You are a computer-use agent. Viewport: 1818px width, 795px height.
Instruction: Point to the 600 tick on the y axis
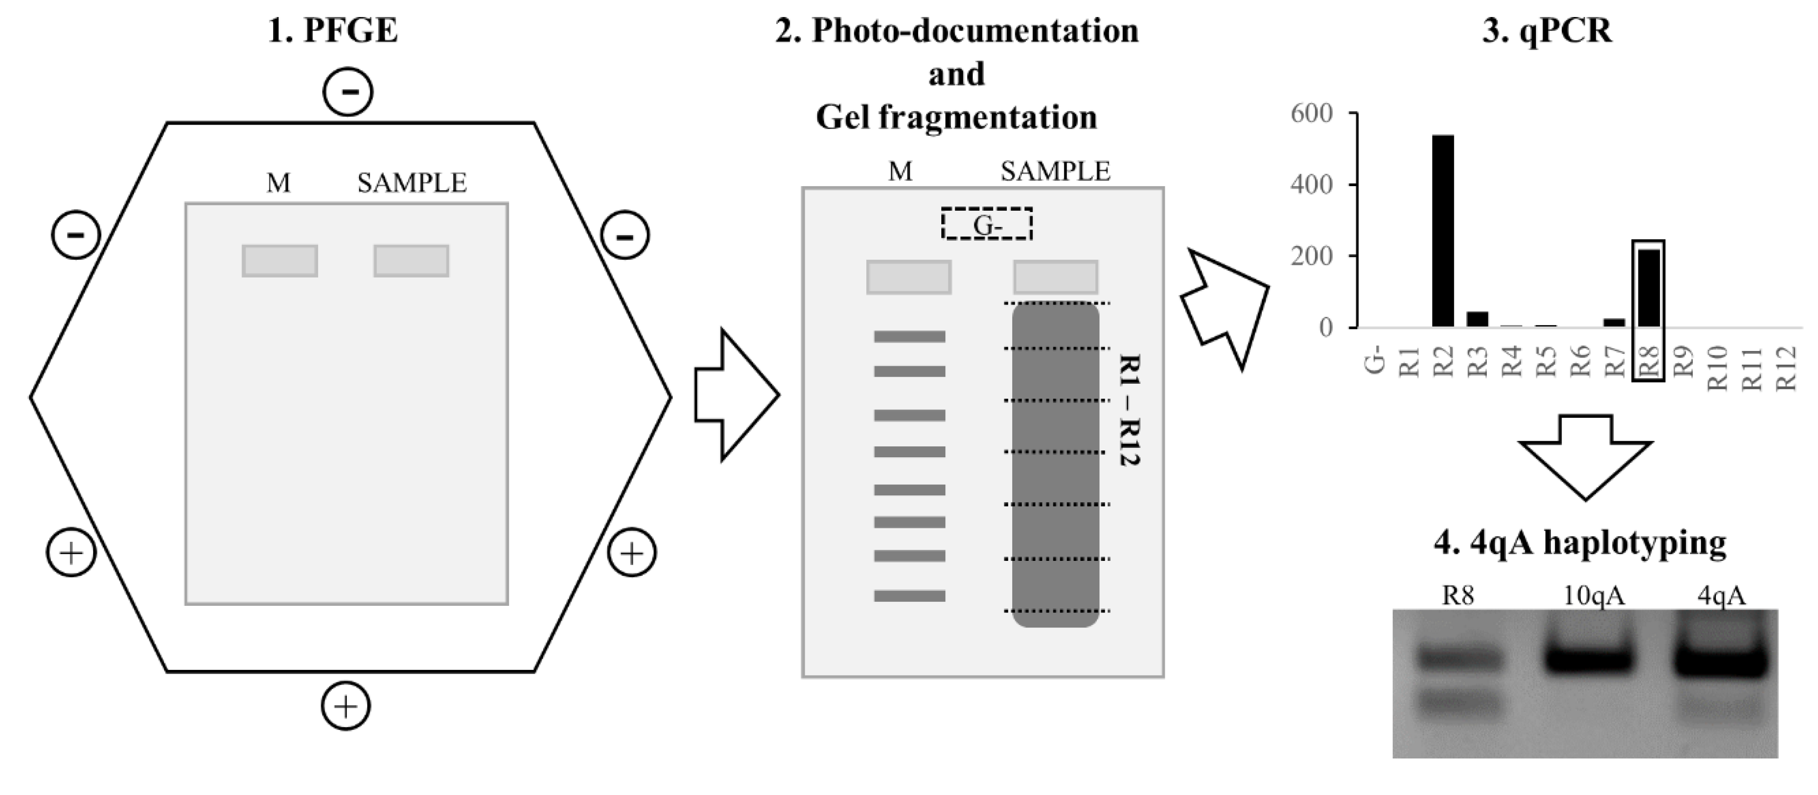click(1311, 114)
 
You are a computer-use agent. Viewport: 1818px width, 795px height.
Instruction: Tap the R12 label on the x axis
click(1785, 368)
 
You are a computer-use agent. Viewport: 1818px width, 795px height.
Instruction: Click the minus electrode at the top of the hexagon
click(348, 92)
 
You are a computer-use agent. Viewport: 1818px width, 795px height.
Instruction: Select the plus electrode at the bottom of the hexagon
click(346, 706)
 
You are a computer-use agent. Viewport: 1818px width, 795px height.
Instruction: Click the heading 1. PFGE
click(333, 31)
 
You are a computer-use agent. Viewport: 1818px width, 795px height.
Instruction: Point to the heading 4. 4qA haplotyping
click(1579, 543)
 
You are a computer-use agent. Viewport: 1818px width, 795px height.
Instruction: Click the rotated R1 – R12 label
click(1130, 409)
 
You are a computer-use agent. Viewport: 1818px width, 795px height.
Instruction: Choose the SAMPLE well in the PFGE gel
click(411, 261)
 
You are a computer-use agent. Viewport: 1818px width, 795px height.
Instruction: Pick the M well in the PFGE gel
click(280, 261)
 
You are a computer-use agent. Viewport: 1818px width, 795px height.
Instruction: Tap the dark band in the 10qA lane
click(1588, 660)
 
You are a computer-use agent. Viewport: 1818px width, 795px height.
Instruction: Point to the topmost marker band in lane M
click(909, 337)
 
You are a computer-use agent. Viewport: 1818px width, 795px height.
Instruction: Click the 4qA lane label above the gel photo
click(1721, 596)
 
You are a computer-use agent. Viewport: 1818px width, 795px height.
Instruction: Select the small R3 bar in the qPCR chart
click(1477, 319)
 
